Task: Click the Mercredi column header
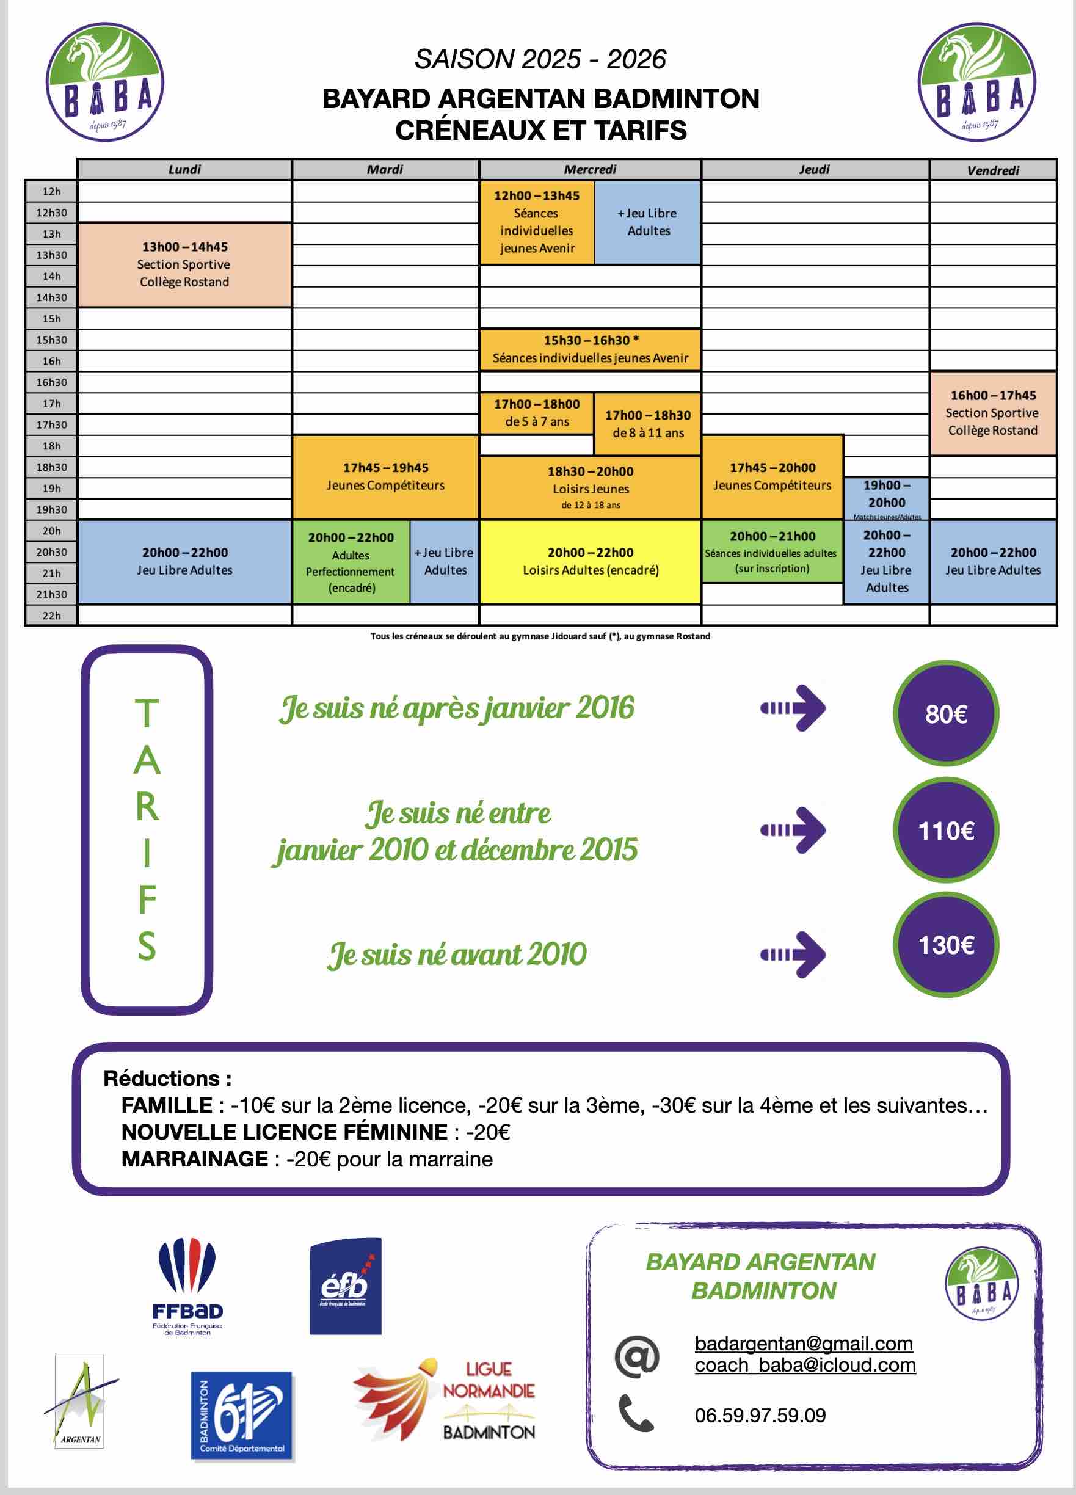(x=589, y=169)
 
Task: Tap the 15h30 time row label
(x=51, y=340)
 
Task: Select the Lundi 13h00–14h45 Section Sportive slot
(x=184, y=264)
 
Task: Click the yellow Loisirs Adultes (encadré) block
(x=590, y=562)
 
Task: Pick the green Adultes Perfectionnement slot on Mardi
(x=350, y=562)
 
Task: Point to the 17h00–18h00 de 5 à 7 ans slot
(x=537, y=413)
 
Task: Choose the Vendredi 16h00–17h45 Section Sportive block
(x=992, y=413)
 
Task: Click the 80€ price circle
(x=945, y=714)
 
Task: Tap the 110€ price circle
(x=945, y=831)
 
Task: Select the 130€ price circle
(x=945, y=945)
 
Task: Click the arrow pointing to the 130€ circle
(x=793, y=954)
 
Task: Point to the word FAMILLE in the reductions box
(x=167, y=1105)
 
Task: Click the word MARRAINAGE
(x=194, y=1159)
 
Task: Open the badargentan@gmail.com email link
(x=803, y=1344)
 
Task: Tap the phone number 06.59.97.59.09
(x=760, y=1415)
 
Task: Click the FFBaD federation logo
(x=187, y=1286)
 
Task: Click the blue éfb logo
(x=346, y=1286)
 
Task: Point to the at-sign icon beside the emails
(x=636, y=1356)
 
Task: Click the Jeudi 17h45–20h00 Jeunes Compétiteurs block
(x=772, y=477)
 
